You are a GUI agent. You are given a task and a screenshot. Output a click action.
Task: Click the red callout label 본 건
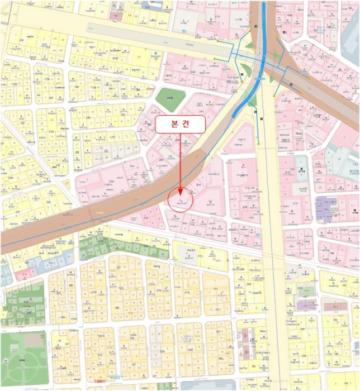tap(180, 125)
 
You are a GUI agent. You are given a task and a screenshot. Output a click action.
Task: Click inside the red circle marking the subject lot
tap(180, 200)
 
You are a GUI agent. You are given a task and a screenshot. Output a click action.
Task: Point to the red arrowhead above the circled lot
tap(180, 191)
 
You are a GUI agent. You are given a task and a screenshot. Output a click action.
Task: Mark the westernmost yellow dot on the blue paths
tap(215, 58)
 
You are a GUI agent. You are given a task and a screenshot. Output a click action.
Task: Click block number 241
tap(202, 111)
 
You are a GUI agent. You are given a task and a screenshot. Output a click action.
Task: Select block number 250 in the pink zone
tap(111, 182)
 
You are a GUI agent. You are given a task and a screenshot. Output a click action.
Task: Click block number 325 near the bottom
tap(100, 356)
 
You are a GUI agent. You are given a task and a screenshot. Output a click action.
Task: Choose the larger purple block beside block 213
tap(326, 207)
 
